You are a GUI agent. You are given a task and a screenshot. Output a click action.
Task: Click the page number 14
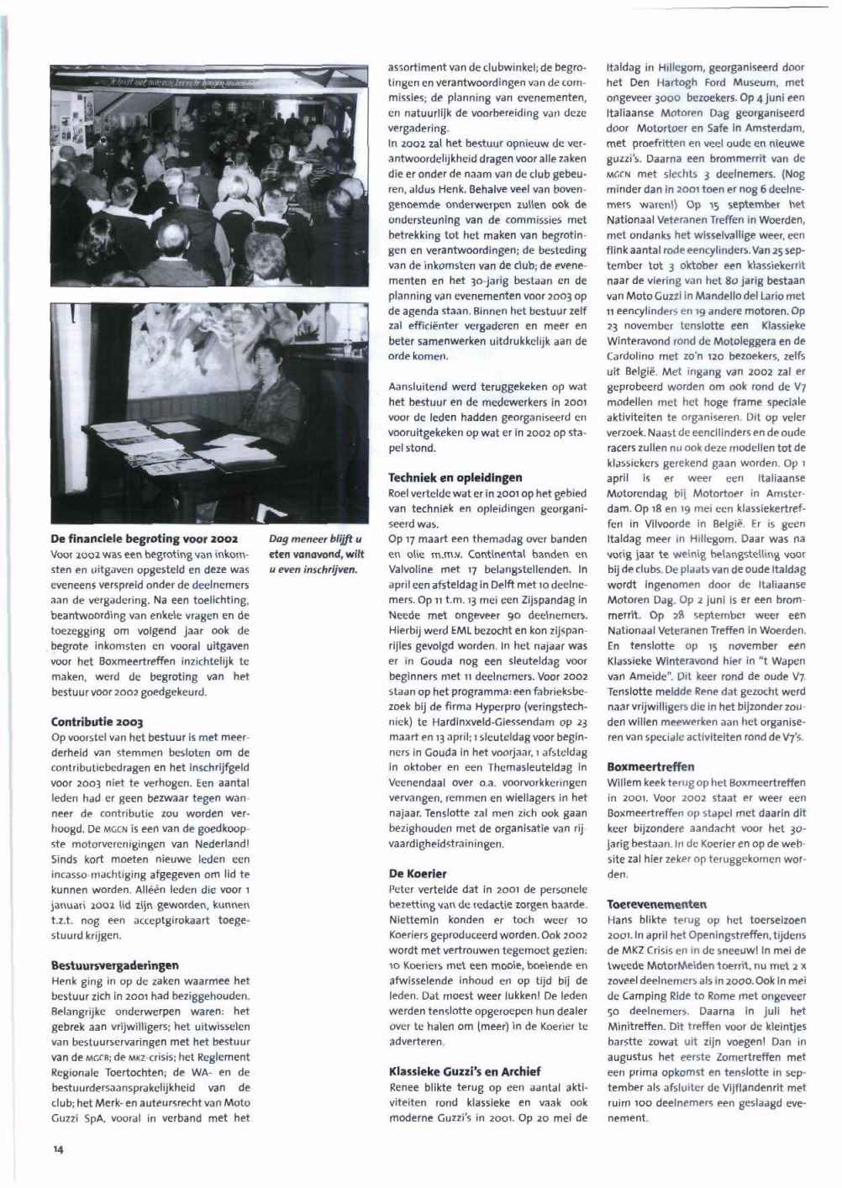[58, 1150]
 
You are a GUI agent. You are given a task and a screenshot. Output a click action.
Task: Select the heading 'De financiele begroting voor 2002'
[144, 539]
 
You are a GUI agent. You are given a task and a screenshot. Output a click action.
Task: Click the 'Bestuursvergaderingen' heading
[115, 965]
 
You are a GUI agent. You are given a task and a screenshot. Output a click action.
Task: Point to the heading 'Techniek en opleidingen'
[455, 477]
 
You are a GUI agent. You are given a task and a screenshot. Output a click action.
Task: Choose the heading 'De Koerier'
[418, 874]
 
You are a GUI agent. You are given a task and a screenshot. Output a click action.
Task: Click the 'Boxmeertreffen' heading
[650, 767]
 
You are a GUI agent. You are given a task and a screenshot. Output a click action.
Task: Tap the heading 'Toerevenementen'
[656, 905]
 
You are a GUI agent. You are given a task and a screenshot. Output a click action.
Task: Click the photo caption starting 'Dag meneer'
[315, 554]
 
